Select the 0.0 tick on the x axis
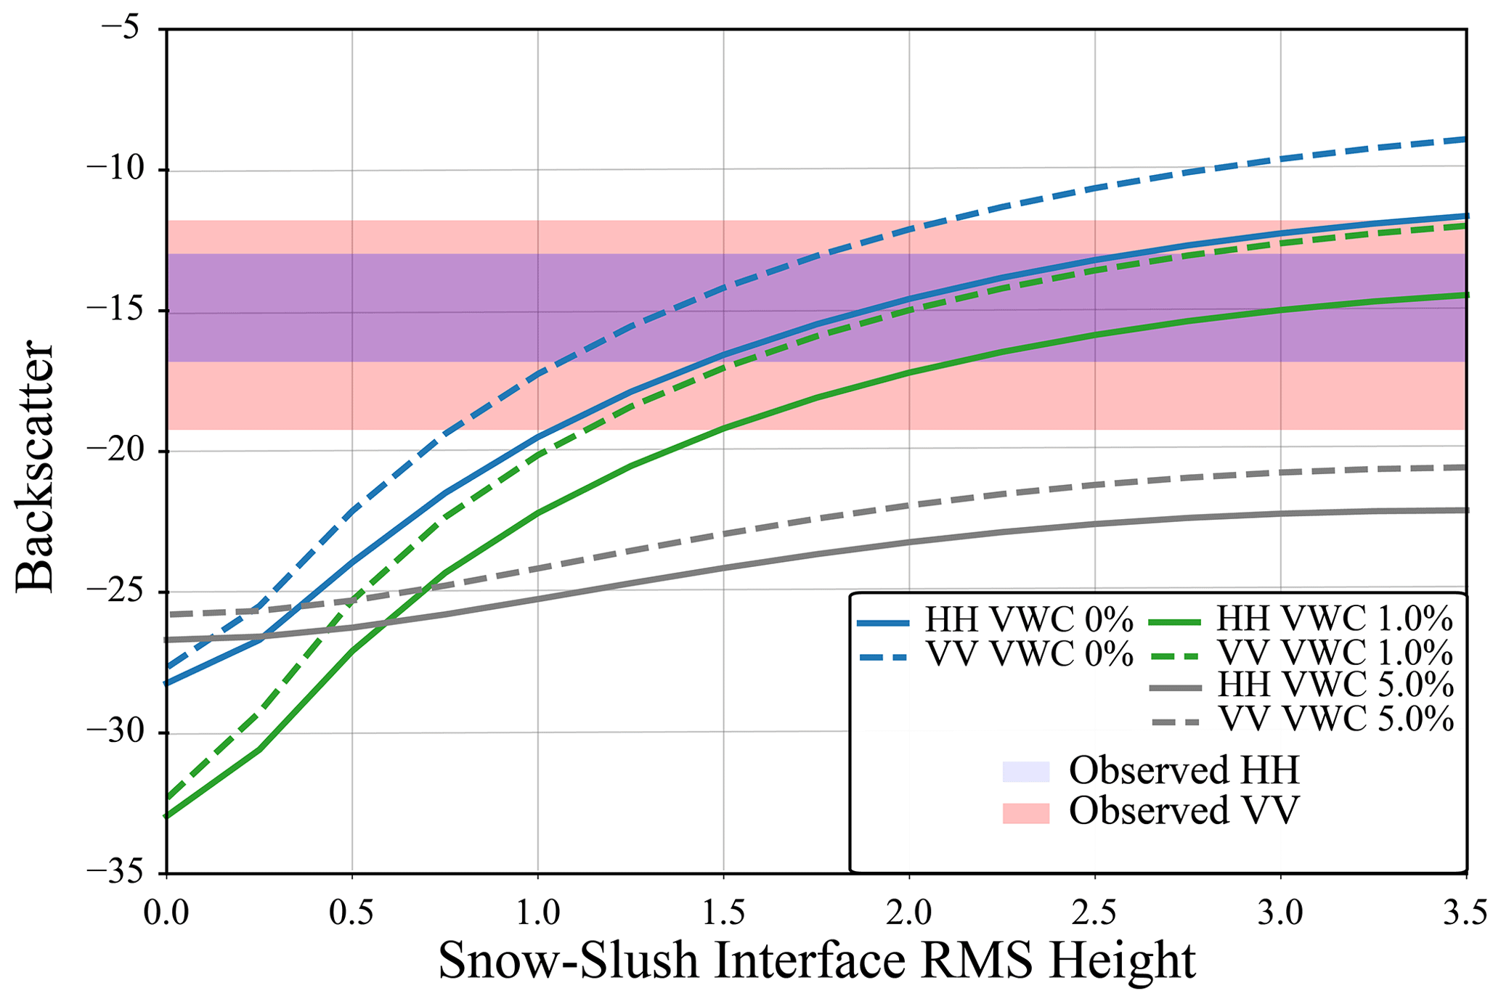(166, 913)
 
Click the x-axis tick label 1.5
(723, 913)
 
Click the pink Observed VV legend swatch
(1025, 812)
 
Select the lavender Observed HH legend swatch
(1025, 772)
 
